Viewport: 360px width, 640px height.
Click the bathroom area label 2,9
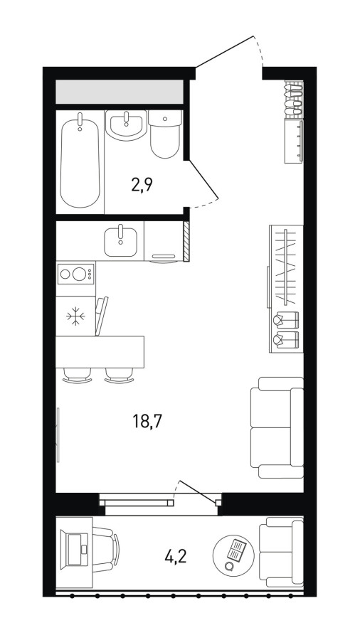[142, 186]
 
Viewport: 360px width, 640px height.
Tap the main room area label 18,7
[147, 421]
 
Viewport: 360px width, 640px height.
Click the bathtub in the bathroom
[80, 161]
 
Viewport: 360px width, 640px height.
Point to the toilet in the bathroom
[165, 134]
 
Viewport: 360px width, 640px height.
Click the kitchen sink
[120, 241]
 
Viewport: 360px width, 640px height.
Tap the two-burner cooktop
[75, 274]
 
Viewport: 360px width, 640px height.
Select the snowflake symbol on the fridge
[75, 316]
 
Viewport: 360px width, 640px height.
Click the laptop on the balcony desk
[74, 550]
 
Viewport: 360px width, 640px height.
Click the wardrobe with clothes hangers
[286, 289]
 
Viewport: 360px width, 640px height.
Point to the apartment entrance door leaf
[225, 51]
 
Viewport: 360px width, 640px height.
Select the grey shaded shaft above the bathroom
[120, 92]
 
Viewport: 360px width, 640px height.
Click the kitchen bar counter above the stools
[100, 352]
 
